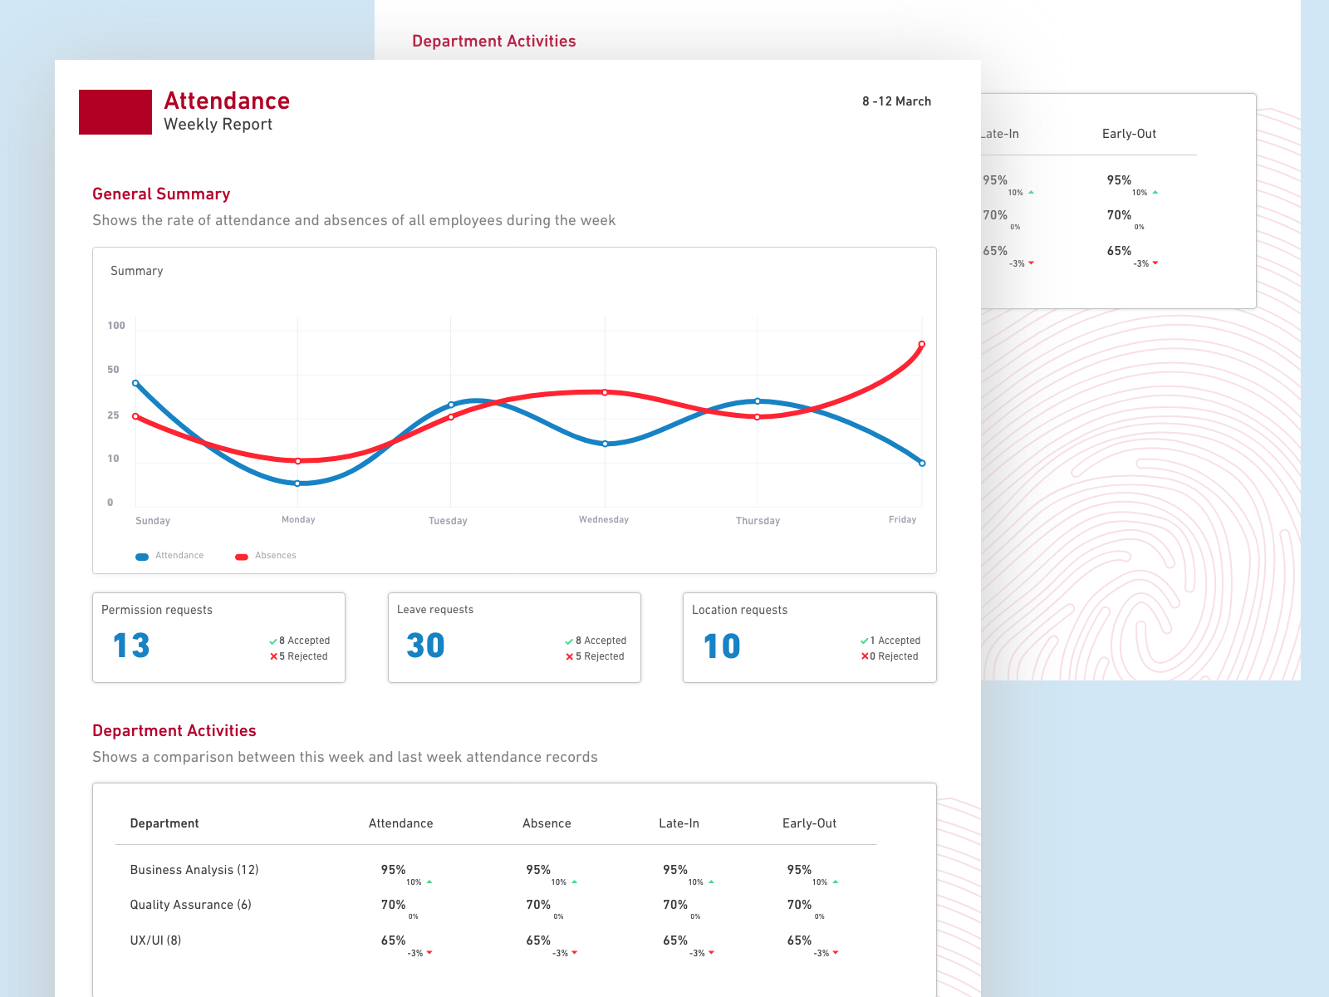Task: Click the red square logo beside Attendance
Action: [x=115, y=112]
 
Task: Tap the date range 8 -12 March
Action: [x=896, y=101]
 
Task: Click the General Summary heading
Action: [x=161, y=194]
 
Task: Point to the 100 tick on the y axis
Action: [x=116, y=326]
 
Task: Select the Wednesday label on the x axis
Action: [x=604, y=520]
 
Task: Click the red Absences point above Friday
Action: [x=921, y=344]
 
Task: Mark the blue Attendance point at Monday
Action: [x=297, y=483]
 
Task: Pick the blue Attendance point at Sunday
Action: [x=135, y=383]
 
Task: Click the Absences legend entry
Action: [x=266, y=556]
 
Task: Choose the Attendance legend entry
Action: [x=170, y=556]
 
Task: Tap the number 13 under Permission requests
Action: [x=131, y=646]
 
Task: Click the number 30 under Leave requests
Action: [x=425, y=646]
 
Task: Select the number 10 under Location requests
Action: [x=722, y=646]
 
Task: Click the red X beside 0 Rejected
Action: [x=865, y=656]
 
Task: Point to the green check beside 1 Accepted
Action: [x=865, y=641]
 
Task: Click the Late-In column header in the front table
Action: [x=679, y=823]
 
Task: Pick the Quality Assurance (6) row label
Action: [x=190, y=905]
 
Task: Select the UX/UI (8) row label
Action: [x=155, y=941]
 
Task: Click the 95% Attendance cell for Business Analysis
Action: [x=393, y=870]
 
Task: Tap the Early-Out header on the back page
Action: [x=1129, y=134]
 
